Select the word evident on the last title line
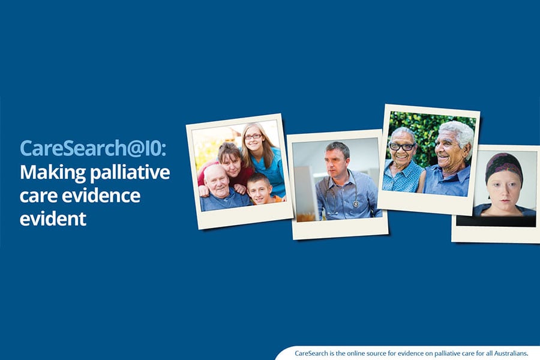(53, 219)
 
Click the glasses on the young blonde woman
(253, 137)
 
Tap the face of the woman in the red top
(231, 162)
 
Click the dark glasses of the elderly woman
(401, 146)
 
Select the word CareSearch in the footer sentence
(311, 353)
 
